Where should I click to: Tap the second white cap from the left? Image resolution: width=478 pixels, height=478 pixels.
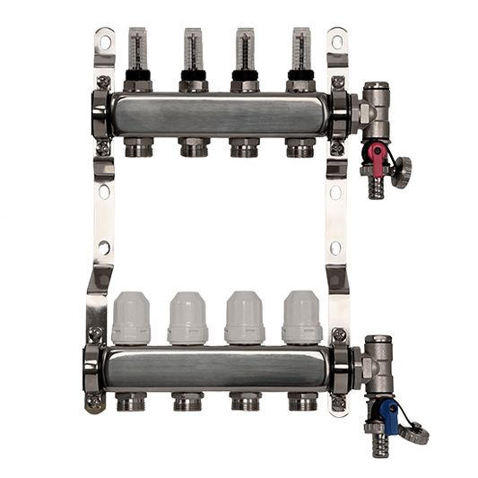188,318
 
